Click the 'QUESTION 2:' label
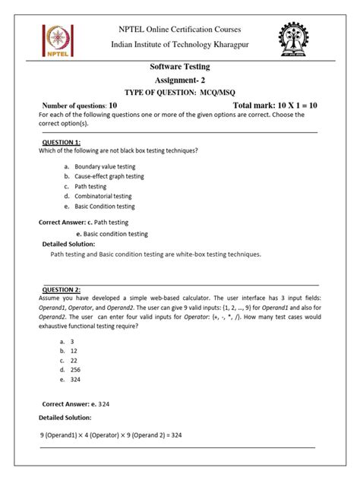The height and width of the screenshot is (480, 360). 62,290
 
